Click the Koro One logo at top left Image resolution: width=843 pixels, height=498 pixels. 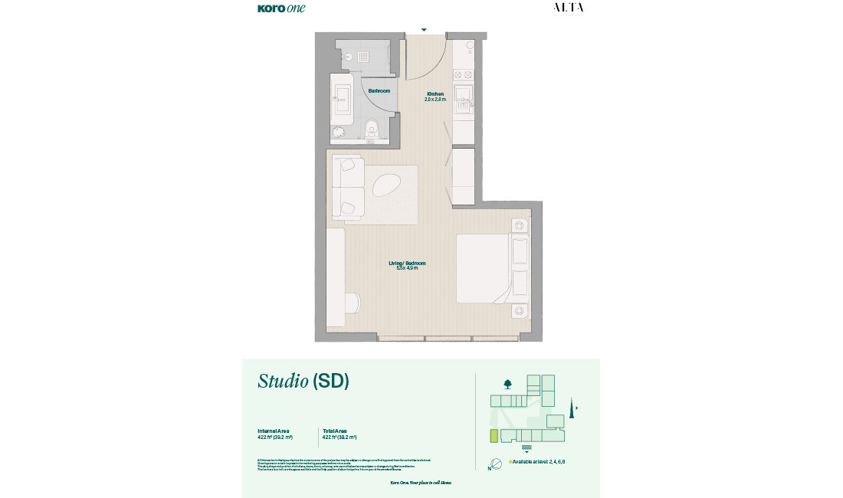(281, 8)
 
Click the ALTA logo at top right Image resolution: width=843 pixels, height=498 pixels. (568, 8)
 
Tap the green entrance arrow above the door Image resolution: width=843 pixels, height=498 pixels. (424, 30)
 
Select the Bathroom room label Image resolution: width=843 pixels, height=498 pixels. (379, 91)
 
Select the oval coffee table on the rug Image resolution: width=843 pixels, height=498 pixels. (387, 185)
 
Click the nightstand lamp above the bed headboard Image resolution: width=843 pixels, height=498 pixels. (520, 225)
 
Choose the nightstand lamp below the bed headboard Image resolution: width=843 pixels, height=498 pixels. (520, 310)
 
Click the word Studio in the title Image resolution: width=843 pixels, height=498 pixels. (283, 381)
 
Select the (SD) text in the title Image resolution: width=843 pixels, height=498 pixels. (331, 381)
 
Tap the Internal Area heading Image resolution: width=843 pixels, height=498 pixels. (274, 431)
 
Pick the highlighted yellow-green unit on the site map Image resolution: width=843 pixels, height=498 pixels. (494, 436)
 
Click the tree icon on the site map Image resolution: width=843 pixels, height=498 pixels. (507, 383)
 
